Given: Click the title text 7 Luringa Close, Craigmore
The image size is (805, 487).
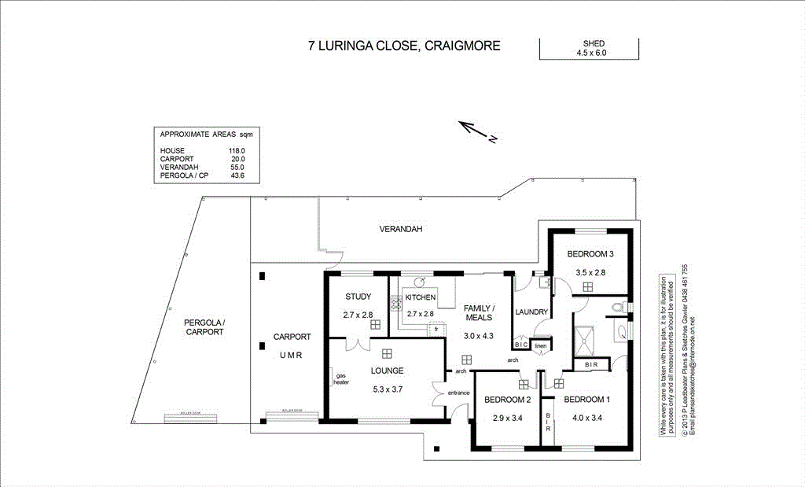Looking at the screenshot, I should (404, 46).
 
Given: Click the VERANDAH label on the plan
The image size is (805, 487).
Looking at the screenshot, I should (401, 229).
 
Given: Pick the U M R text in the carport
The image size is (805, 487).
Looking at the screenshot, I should (292, 356).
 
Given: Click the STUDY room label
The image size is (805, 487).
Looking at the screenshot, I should (358, 297).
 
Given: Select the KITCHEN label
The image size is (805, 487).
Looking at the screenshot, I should (421, 297).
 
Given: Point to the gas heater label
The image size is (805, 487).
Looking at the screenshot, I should (340, 378).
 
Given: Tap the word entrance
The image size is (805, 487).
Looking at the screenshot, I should (458, 393).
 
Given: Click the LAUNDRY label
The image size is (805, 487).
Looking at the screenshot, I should (531, 312).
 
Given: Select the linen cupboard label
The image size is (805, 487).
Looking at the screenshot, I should (540, 345).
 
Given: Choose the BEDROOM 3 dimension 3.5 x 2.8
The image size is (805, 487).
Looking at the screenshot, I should (590, 272).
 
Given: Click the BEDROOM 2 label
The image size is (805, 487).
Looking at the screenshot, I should (508, 399).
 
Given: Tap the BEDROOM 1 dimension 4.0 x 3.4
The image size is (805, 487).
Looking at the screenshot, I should (586, 418).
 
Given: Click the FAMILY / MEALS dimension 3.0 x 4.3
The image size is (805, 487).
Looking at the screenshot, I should (478, 334).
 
